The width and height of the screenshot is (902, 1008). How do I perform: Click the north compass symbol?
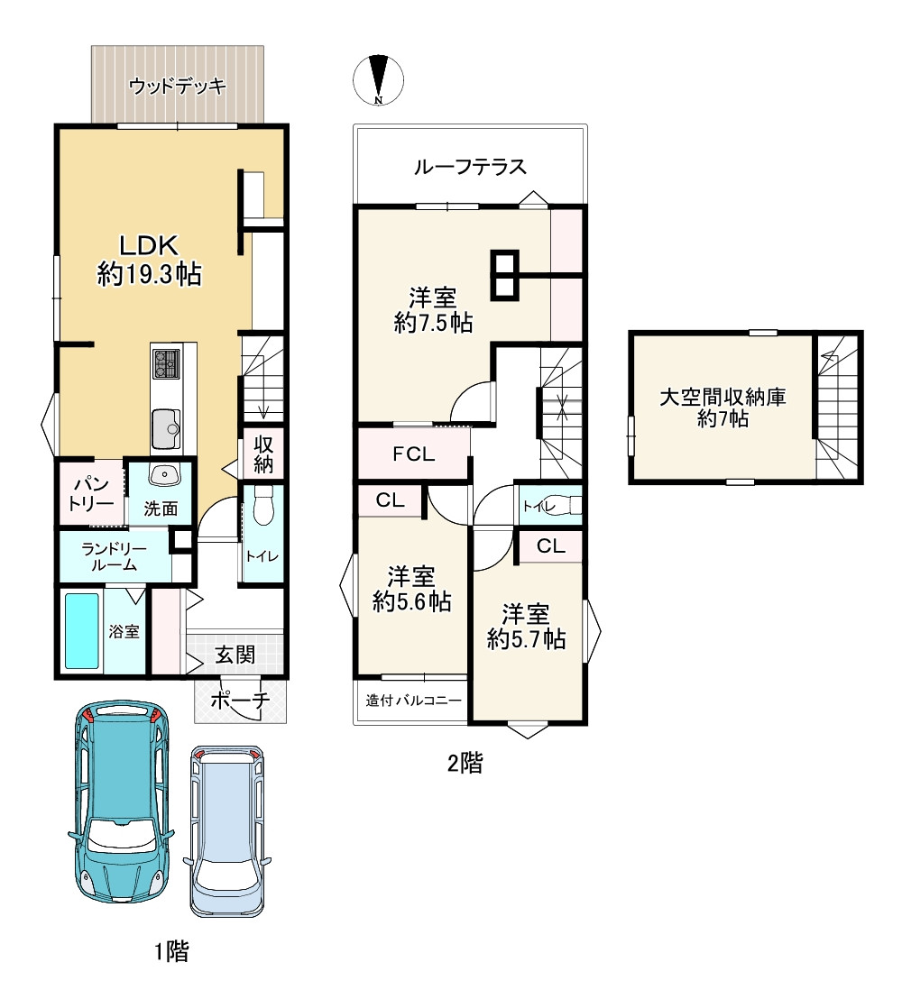click(x=378, y=80)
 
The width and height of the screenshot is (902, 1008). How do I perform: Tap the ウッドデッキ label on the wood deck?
click(x=178, y=86)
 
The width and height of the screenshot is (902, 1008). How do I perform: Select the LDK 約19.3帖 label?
click(x=149, y=260)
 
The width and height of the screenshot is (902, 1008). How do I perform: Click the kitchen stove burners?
click(x=166, y=364)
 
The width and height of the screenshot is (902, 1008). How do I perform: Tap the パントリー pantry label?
click(x=90, y=494)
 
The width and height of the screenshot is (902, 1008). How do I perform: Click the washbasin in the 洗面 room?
click(x=164, y=474)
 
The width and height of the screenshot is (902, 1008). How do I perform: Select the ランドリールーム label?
click(x=114, y=556)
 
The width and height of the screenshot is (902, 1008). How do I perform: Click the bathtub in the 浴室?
click(x=82, y=630)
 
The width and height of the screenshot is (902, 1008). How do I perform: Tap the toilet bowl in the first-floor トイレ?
click(x=263, y=505)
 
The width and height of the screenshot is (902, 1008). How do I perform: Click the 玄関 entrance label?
click(x=235, y=655)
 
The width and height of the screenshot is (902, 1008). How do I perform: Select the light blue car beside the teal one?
click(x=227, y=830)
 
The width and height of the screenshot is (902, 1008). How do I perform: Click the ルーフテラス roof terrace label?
click(x=470, y=167)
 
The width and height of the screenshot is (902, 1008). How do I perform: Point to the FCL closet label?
click(x=413, y=454)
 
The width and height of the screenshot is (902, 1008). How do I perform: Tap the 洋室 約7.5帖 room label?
click(x=433, y=310)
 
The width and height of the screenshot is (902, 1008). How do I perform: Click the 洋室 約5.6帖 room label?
click(x=411, y=589)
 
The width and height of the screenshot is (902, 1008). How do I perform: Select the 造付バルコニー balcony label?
click(x=413, y=700)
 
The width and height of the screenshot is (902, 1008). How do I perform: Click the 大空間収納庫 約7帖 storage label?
click(x=723, y=408)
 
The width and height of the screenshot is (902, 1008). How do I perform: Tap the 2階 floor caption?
click(x=465, y=763)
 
